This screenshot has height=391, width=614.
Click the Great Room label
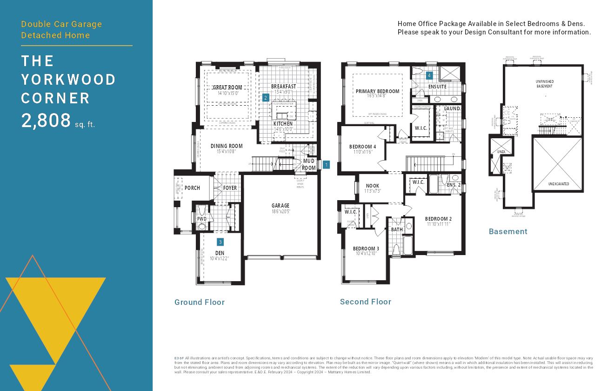[227, 88]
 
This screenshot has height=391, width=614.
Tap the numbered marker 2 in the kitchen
[265, 98]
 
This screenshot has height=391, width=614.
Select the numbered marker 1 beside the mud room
[326, 164]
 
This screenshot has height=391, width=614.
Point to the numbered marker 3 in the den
[220, 242]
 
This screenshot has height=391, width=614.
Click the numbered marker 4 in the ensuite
[429, 74]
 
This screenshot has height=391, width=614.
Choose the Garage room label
[280, 205]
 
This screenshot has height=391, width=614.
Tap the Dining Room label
[227, 146]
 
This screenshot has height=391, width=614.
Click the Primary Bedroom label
[377, 91]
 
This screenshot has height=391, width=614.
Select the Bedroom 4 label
[362, 147]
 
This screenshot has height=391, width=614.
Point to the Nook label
[373, 186]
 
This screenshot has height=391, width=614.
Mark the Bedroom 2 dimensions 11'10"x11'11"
[438, 224]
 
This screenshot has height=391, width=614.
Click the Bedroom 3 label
[366, 249]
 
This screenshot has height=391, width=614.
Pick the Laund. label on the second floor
[452, 108]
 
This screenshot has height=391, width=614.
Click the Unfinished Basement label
[544, 84]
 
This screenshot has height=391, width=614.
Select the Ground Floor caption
[200, 302]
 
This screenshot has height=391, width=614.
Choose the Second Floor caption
[366, 302]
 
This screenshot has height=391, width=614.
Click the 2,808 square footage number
[46, 121]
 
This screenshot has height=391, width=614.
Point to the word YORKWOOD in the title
[68, 80]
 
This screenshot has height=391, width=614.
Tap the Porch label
[192, 188]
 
